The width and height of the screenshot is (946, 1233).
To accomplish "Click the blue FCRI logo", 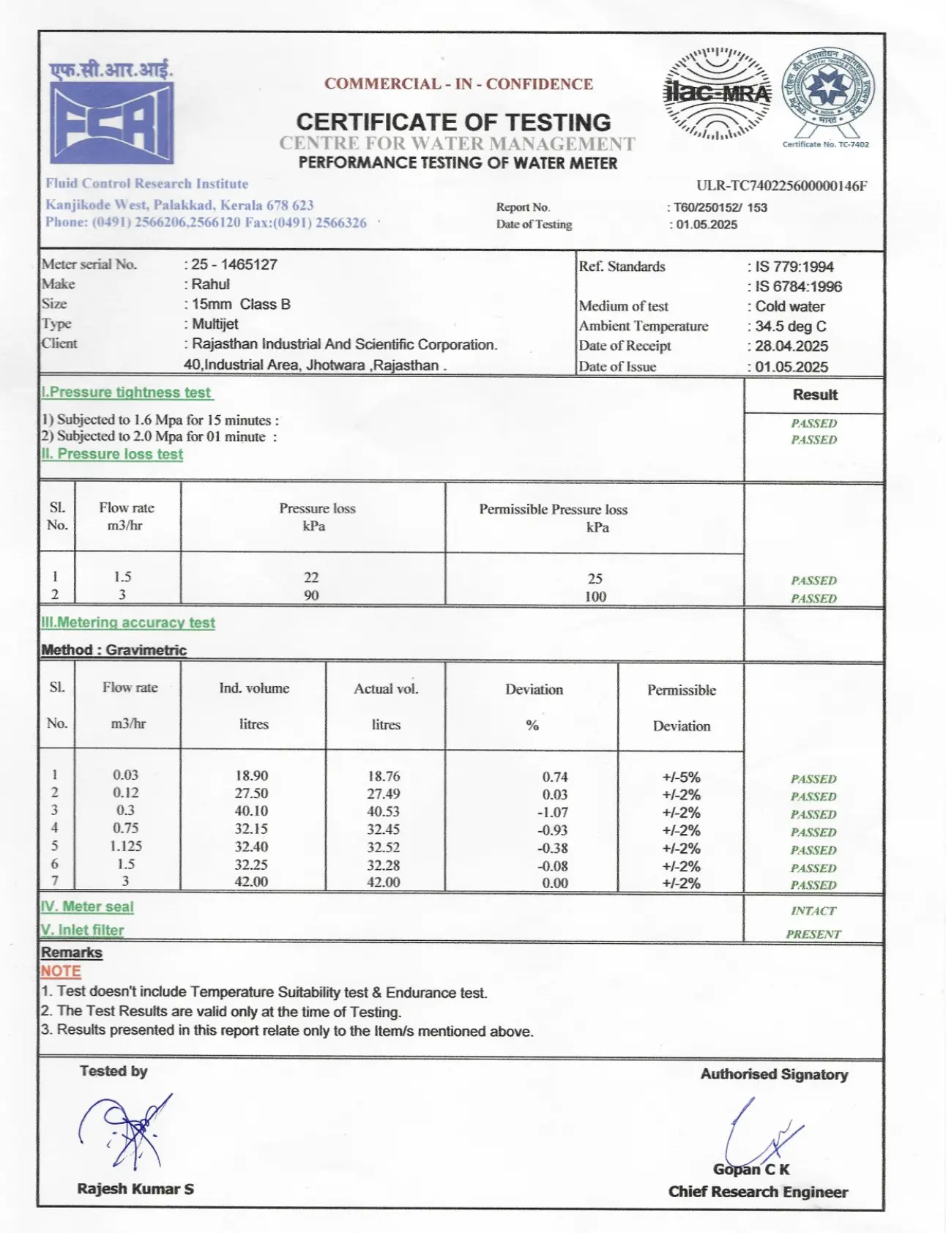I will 111,122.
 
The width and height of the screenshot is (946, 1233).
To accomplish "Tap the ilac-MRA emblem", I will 716,94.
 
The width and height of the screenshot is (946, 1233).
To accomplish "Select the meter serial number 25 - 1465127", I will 234,264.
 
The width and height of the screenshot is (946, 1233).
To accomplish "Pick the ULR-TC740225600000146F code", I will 781,186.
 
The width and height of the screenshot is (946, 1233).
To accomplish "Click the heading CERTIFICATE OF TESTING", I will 453,122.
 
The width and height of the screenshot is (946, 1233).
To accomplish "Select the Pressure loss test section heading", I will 119,454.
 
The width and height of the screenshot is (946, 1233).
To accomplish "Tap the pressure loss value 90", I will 311,595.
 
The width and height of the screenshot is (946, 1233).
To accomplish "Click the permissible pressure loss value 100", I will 595,597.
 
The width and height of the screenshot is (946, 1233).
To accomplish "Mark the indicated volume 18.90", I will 251,775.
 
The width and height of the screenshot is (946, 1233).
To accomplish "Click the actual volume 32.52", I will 383,847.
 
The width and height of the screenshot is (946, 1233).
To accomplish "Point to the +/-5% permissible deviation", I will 681,777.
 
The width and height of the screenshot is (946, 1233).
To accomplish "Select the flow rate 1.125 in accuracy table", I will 126,846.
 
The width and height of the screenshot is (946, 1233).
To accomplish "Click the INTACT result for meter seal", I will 813,911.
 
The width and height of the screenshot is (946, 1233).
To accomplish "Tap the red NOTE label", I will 61,972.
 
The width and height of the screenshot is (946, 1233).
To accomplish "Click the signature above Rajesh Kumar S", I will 126,1130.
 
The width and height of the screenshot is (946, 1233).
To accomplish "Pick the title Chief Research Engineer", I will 758,1192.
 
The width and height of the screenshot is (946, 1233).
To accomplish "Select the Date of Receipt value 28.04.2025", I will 792,346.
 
